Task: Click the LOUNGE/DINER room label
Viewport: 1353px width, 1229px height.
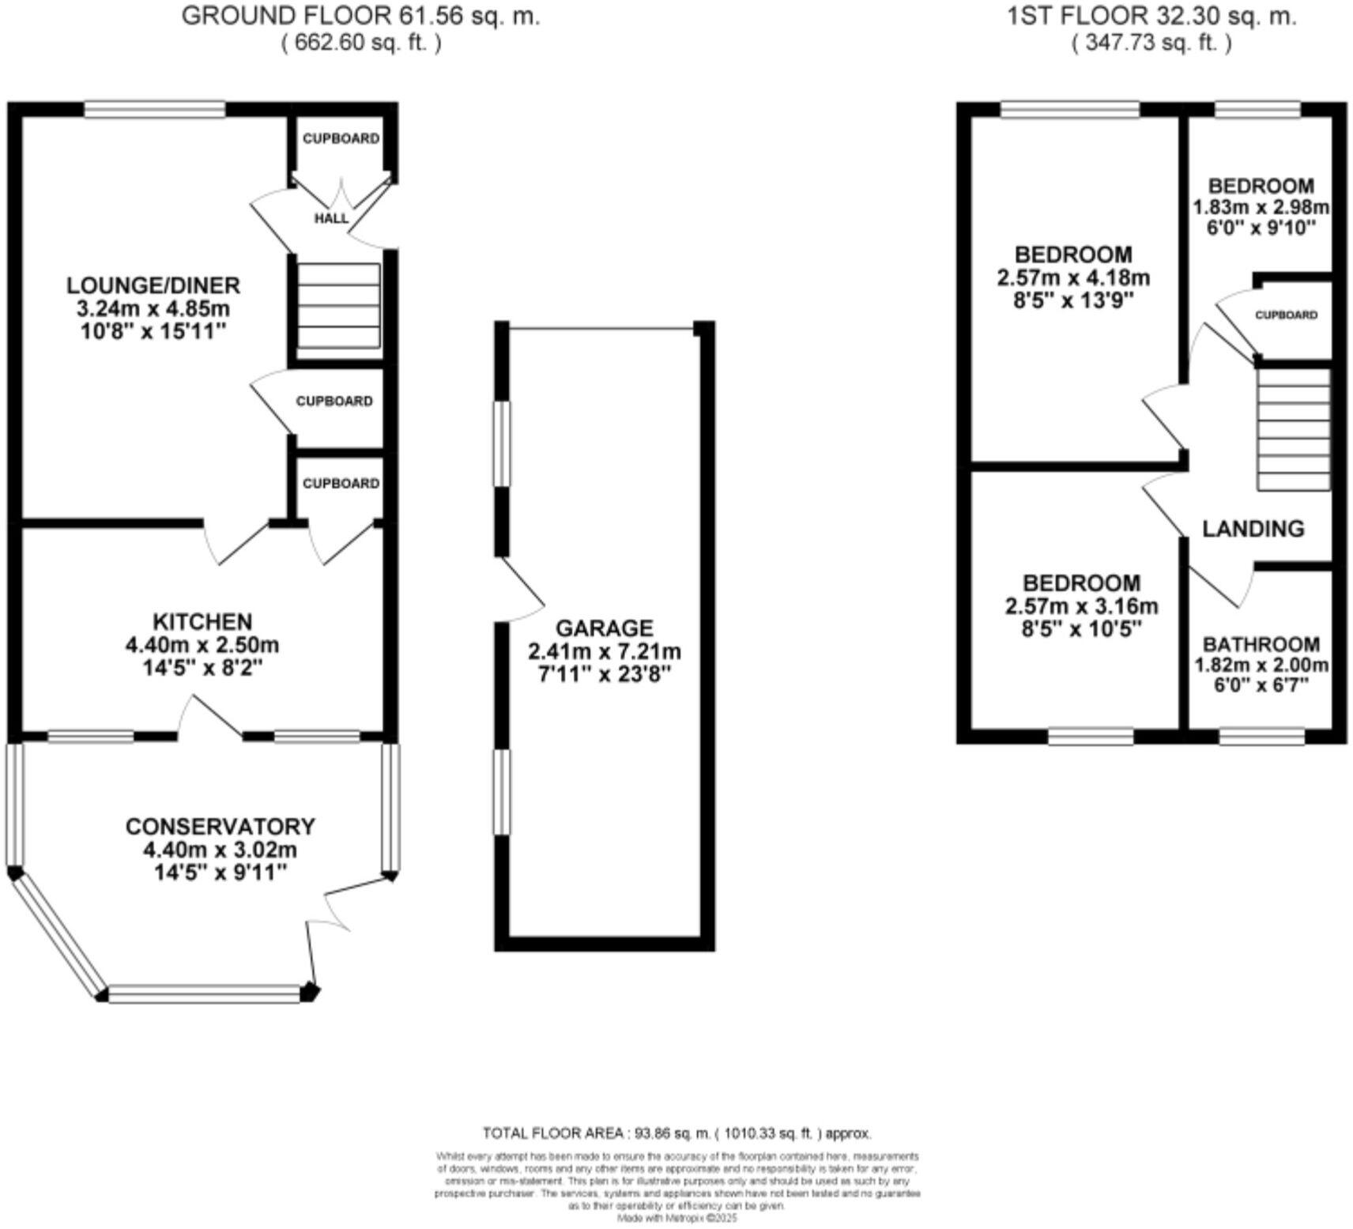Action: point(153,285)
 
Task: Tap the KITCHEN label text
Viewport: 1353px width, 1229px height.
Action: point(202,621)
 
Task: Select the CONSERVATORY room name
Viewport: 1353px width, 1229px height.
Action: point(220,827)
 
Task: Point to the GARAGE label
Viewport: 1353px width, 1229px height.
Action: point(605,628)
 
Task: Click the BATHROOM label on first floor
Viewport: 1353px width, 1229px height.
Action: point(1261,644)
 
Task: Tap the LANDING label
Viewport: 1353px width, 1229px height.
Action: point(1253,528)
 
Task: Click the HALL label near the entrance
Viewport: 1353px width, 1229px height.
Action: point(331,218)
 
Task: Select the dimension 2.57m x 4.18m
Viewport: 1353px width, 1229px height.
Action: point(1073,278)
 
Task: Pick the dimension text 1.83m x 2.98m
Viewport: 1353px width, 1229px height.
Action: point(1261,207)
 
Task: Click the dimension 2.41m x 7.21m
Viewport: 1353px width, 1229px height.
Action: point(605,652)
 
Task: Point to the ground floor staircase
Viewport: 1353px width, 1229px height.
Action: point(338,306)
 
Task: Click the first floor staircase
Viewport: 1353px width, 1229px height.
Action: point(1294,431)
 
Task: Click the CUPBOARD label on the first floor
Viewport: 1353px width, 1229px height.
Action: point(1287,315)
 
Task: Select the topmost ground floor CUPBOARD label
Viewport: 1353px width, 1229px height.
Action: point(341,138)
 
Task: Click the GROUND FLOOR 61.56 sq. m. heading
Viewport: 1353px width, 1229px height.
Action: point(361,16)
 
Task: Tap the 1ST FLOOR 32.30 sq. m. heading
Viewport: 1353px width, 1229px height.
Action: point(1151,16)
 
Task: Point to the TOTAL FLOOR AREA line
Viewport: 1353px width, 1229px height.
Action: point(676,1133)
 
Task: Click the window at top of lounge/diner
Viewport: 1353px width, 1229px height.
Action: point(155,109)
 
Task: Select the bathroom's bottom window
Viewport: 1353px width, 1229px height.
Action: point(1261,737)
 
